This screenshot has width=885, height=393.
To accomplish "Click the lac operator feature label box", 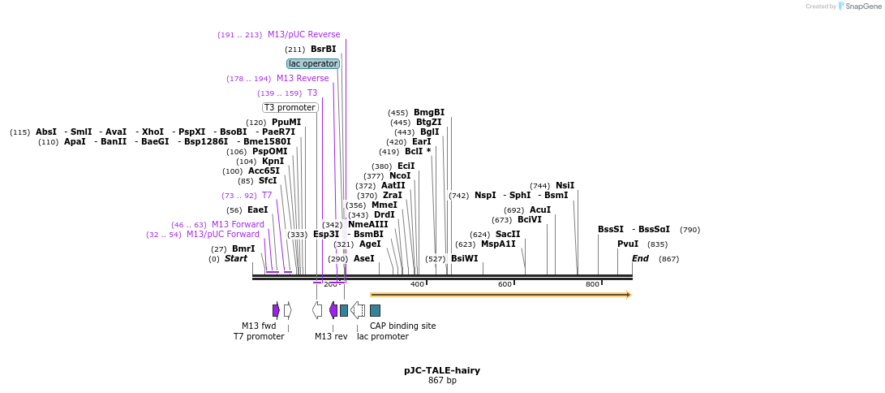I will (313, 63).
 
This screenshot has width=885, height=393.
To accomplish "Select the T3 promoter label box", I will (290, 107).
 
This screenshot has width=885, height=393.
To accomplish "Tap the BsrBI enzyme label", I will (323, 49).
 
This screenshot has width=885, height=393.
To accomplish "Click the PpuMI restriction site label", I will (286, 122).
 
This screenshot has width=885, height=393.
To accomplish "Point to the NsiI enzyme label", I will (565, 185).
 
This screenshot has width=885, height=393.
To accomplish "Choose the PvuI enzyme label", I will (628, 244).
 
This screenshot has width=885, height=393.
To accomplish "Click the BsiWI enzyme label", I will (465, 258).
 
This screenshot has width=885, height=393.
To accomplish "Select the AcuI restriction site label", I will (540, 209).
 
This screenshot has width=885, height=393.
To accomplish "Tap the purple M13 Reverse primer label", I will (303, 78).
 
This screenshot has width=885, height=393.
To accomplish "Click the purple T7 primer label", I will (267, 195).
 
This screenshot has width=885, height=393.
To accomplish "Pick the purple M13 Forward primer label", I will (238, 224).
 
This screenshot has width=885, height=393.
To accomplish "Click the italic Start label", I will (236, 258).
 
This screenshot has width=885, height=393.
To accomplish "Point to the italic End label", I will (641, 258).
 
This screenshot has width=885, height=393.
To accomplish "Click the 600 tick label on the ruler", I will (505, 284).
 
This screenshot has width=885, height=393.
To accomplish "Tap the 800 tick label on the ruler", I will (592, 284).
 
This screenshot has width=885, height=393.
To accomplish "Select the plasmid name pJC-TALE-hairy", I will (442, 370).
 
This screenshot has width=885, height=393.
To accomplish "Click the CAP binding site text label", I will (402, 326).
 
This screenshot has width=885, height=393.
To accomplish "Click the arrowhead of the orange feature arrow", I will (628, 295).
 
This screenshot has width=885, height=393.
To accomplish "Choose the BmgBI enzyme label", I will (429, 112).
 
